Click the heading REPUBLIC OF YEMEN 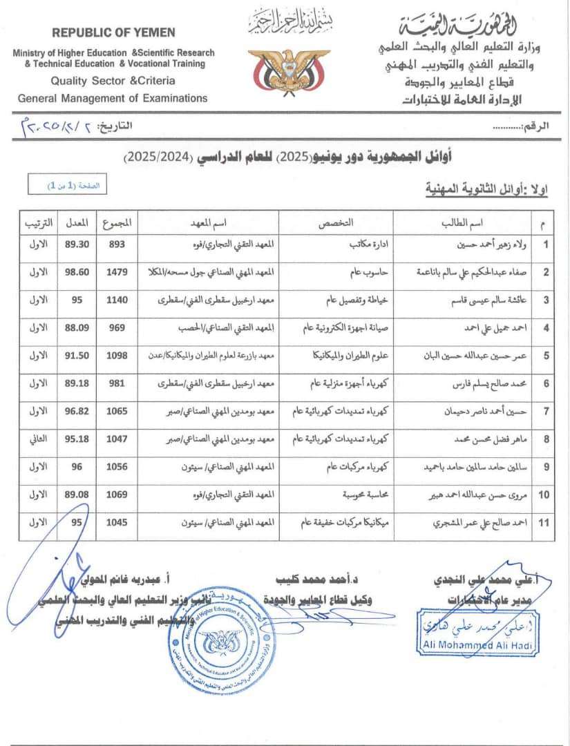113,32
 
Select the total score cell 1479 117,272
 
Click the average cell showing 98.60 77,272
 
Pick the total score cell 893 117,244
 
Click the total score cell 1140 117,300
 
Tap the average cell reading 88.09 77,328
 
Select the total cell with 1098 117,356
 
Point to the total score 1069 117,495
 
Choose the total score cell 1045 117,523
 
